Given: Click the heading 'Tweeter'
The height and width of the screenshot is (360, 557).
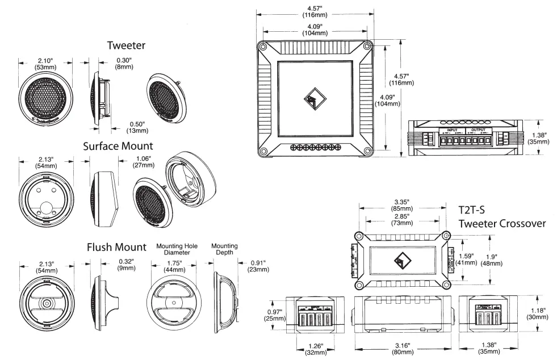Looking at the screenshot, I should coord(127,45).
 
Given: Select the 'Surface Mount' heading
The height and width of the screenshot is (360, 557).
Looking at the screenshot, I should coord(118,146).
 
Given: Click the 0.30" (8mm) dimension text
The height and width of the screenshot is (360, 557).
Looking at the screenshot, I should coord(123,63).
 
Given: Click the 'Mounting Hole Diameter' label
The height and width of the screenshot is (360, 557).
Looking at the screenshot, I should coord(177,250).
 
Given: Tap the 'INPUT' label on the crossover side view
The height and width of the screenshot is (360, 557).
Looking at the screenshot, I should coord(452,130).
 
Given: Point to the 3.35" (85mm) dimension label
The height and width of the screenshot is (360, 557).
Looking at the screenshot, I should coord(403,204).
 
